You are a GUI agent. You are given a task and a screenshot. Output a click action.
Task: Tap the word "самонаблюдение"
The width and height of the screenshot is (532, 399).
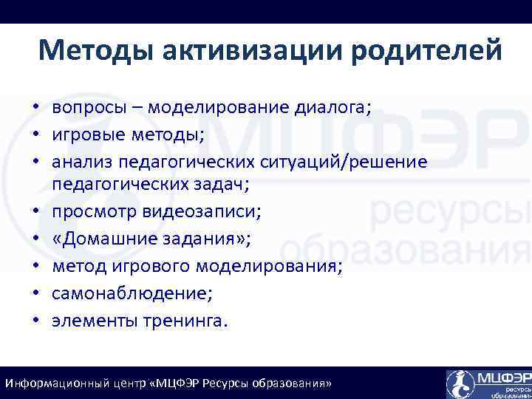(131, 293)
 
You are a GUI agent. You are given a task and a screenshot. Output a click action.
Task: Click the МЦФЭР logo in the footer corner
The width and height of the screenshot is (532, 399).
(488, 383)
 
